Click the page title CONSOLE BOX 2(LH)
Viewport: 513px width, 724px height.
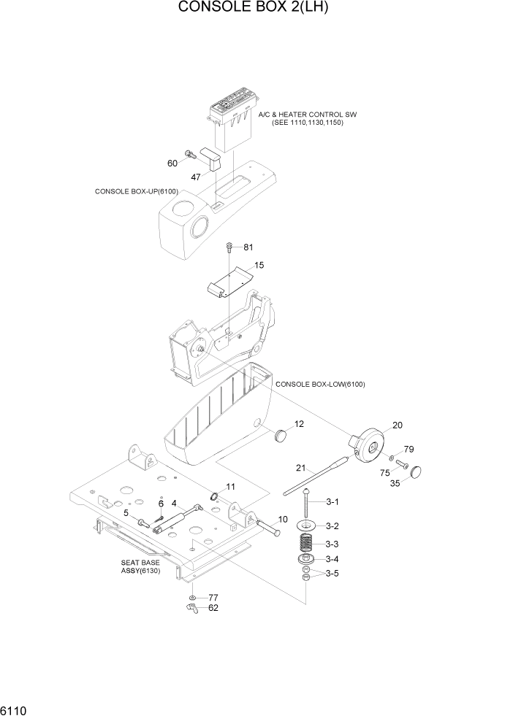click(x=256, y=9)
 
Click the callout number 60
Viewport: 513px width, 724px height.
click(x=173, y=163)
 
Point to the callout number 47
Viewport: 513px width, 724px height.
click(x=197, y=177)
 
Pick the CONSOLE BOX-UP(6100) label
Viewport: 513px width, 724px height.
click(x=137, y=191)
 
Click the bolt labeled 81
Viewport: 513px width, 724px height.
click(x=229, y=248)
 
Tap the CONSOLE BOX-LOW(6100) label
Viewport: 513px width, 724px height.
click(x=320, y=384)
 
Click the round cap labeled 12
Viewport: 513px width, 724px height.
click(x=281, y=436)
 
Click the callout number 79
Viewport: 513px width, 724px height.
click(x=409, y=449)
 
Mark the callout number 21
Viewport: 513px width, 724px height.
click(x=300, y=468)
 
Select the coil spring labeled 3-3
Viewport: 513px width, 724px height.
click(x=307, y=544)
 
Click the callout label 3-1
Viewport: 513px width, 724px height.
click(x=332, y=502)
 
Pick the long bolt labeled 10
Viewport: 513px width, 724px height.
click(x=266, y=527)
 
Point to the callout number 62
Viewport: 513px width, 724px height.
click(x=213, y=607)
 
